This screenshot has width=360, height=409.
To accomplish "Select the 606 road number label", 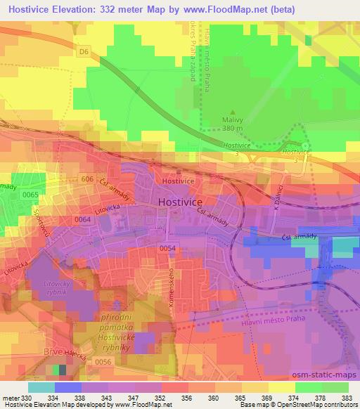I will tap(86, 181).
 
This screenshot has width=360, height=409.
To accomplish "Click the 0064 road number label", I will tap(82, 221).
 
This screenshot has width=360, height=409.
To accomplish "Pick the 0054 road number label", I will tap(167, 249).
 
